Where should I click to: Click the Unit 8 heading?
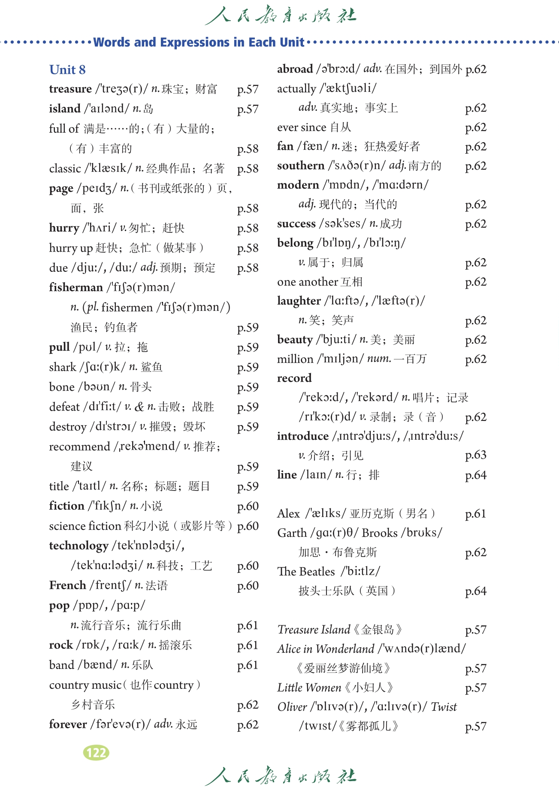click(67, 70)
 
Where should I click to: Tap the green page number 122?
click(96, 752)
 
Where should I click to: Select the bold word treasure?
click(70, 89)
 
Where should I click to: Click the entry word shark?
click(63, 367)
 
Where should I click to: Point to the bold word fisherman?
click(76, 287)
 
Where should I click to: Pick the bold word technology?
click(79, 546)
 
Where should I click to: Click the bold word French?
click(67, 585)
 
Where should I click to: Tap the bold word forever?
click(68, 724)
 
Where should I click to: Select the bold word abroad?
click(295, 69)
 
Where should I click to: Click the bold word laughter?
click(299, 301)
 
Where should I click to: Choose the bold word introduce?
click(302, 436)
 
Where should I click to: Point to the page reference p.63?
click(475, 455)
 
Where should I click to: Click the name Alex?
click(288, 514)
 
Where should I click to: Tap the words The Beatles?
click(306, 572)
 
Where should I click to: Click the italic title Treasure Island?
click(314, 630)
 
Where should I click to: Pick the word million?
click(295, 359)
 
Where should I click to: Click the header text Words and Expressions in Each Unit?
click(199, 42)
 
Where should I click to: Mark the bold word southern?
click(300, 166)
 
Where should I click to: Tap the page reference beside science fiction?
click(248, 526)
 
